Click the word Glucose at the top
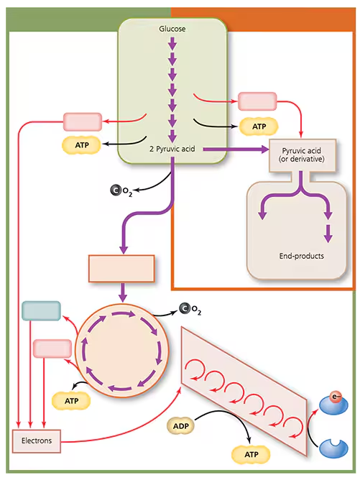click(172, 28)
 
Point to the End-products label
click(301, 256)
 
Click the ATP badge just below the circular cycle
click(70, 400)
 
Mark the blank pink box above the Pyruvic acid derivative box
click(257, 101)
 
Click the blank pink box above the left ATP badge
click(82, 121)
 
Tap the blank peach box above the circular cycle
click(121, 268)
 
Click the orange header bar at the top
click(265, 6)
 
